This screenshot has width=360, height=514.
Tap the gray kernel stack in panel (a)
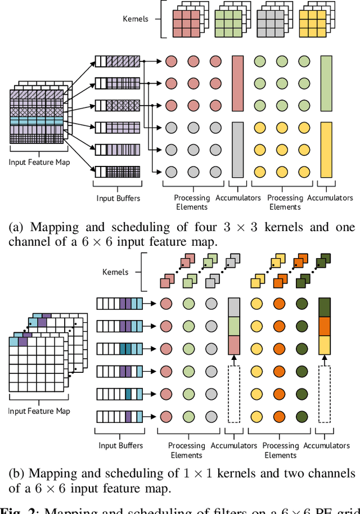click(272, 21)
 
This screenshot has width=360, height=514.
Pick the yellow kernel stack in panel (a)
click(313, 21)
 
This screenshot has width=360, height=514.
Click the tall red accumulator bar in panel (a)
click(237, 83)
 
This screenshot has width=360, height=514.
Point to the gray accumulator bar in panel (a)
click(237, 150)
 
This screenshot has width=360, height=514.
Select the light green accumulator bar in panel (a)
click(326, 83)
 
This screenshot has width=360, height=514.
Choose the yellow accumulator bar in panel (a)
click(326, 150)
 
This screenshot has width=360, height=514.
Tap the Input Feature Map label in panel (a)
click(39, 163)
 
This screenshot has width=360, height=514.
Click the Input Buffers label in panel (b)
click(120, 445)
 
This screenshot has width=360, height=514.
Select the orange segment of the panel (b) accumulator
click(325, 326)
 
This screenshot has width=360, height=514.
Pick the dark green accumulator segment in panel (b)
click(325, 307)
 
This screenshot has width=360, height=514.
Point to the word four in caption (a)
click(202, 227)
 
